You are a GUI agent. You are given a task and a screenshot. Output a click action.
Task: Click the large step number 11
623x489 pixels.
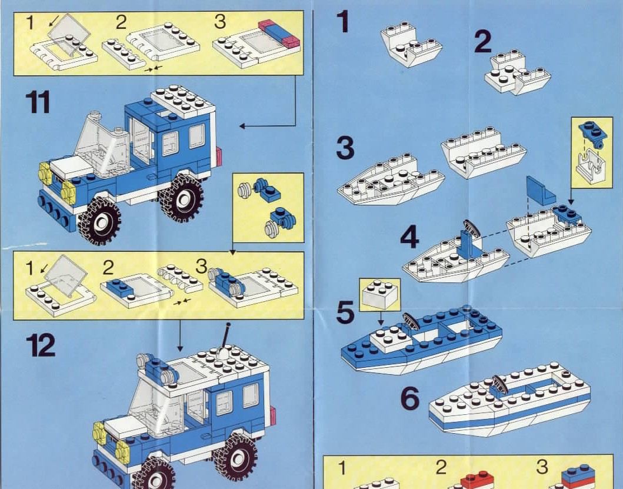[38, 102]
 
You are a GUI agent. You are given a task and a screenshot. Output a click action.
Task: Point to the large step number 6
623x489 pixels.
[410, 398]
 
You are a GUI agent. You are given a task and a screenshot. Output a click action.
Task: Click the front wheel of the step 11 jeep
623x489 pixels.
[99, 221]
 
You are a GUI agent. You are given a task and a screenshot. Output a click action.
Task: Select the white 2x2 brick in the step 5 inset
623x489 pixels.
[380, 294]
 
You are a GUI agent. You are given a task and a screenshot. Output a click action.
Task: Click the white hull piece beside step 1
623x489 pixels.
[411, 44]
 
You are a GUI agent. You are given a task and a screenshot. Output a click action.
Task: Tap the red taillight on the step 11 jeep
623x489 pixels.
[218, 157]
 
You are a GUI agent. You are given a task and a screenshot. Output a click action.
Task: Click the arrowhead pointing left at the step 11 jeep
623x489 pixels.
[242, 126]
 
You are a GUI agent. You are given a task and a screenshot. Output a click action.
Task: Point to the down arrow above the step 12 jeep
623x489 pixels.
[179, 336]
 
